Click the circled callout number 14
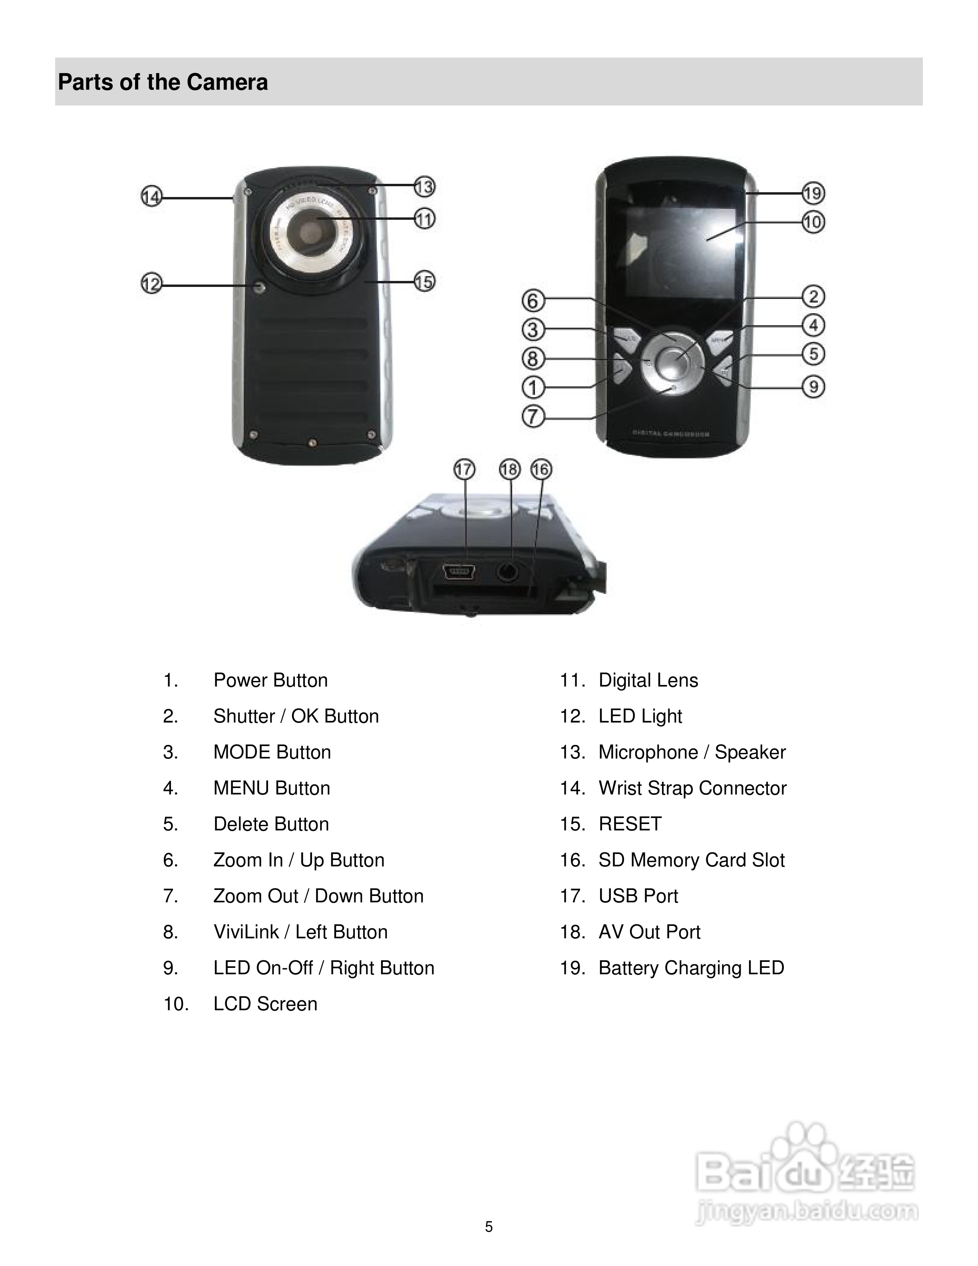(x=151, y=197)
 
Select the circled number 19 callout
(x=813, y=193)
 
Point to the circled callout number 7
(x=533, y=416)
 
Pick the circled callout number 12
(x=151, y=284)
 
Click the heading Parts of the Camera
(x=163, y=82)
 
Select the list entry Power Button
(x=270, y=680)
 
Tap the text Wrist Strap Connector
(x=692, y=788)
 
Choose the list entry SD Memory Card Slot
(x=691, y=860)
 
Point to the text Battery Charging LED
(x=691, y=968)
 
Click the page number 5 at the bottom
(x=489, y=1226)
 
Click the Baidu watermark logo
(x=805, y=1176)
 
